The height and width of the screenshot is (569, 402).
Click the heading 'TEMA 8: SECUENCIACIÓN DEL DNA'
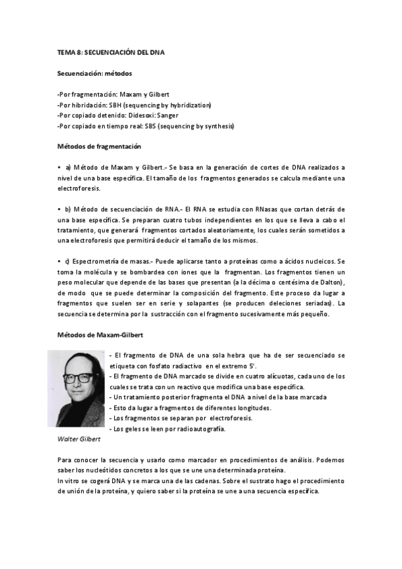tap(111, 52)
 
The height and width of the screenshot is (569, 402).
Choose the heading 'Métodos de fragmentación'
tap(99, 146)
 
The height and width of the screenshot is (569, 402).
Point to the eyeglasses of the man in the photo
tap(79, 378)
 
